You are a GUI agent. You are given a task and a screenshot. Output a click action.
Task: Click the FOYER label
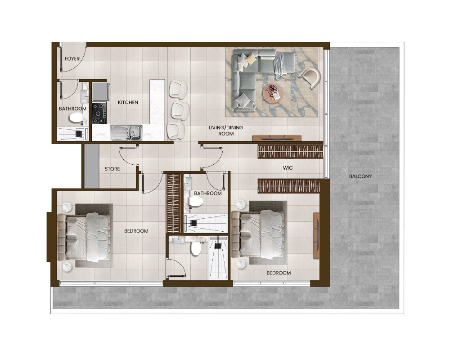72,59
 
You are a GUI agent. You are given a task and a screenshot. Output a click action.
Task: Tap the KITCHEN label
128,103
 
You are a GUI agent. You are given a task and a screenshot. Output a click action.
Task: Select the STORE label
112,169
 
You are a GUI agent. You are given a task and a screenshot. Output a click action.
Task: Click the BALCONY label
360,176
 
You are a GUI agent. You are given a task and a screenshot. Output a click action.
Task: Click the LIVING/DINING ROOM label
225,130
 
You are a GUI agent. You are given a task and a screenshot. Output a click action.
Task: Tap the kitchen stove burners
99,113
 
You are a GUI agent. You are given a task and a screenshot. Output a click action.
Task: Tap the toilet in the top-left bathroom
76,118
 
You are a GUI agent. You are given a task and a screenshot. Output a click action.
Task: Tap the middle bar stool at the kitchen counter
180,109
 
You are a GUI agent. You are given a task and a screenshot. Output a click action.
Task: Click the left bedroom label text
136,231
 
